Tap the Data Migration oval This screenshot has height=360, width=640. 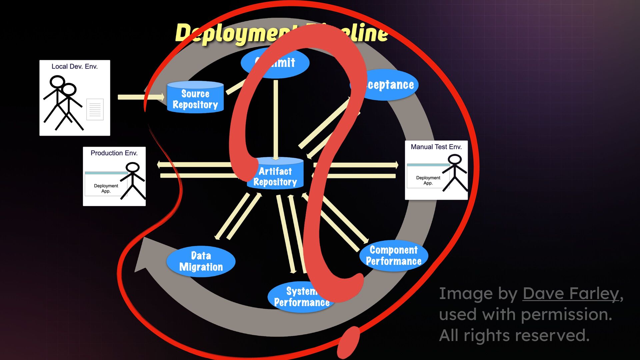[x=201, y=261]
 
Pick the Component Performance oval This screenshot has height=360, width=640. [x=394, y=256]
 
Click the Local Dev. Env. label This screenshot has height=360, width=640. [x=74, y=67]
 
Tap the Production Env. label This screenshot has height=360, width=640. [x=114, y=153]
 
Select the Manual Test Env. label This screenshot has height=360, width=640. [x=436, y=147]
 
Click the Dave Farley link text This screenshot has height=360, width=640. [x=571, y=294]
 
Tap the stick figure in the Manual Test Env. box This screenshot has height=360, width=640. [x=455, y=173]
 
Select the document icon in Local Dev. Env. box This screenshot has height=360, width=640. [x=95, y=109]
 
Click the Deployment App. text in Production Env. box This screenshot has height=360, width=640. [x=106, y=188]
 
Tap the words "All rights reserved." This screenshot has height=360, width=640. [x=514, y=335]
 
